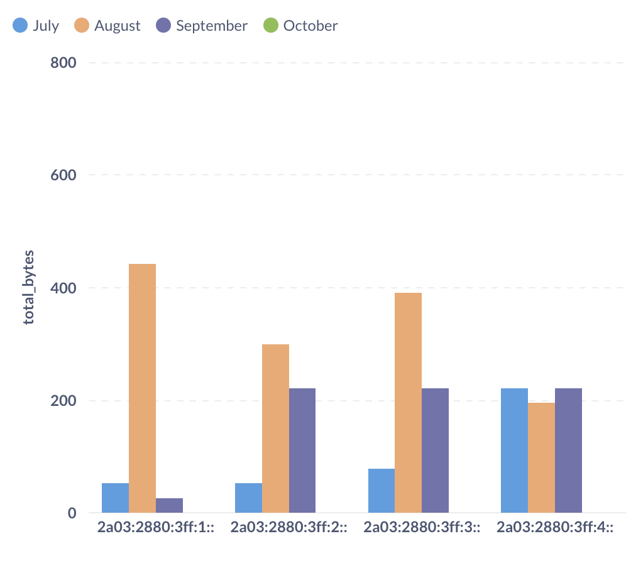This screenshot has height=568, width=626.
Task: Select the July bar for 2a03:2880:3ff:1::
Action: click(115, 498)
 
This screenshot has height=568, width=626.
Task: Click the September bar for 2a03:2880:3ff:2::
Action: click(302, 451)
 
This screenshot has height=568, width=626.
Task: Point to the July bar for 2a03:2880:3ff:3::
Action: click(381, 491)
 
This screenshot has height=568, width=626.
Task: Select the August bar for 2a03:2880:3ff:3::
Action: click(408, 403)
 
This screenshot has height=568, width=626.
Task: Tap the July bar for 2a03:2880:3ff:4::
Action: click(514, 451)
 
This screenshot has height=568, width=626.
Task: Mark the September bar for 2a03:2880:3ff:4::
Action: click(568, 451)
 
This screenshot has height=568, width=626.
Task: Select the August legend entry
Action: click(107, 26)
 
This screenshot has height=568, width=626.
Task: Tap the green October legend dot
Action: click(271, 26)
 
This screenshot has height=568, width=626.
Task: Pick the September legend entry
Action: click(202, 26)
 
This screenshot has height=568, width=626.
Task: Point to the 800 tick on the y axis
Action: click(63, 63)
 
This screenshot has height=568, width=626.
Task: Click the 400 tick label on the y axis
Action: click(63, 288)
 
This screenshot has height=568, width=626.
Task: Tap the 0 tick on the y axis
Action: click(72, 513)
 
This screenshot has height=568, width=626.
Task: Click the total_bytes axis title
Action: click(29, 288)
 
